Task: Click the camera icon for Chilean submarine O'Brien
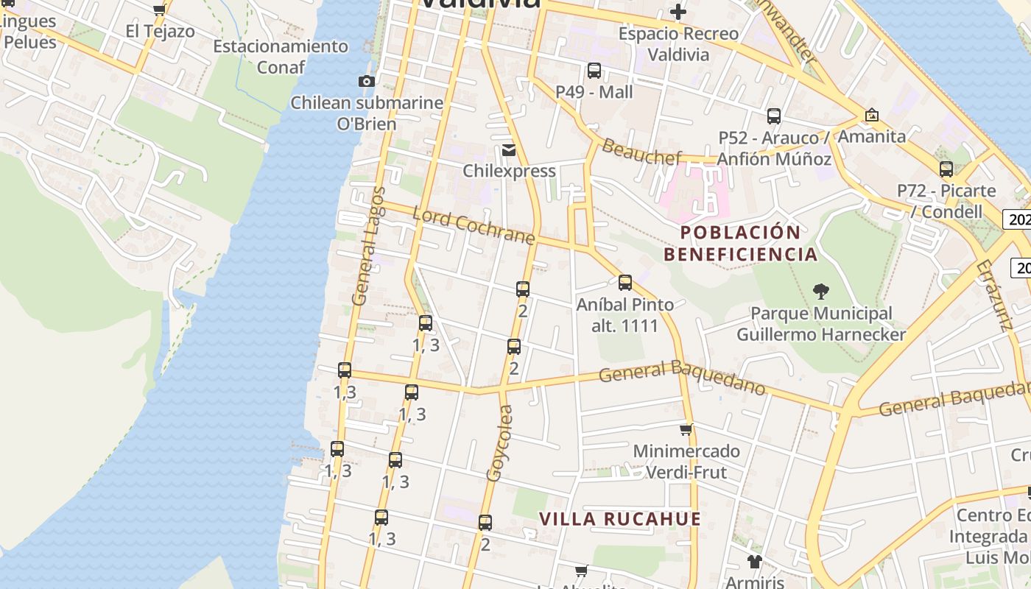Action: coord(366,81)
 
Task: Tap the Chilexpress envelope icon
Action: coord(508,150)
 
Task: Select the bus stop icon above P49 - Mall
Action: coord(594,71)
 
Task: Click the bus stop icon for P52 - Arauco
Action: coord(773,116)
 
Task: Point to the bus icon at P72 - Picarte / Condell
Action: coord(946,169)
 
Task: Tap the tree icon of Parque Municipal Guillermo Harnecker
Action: coord(820,292)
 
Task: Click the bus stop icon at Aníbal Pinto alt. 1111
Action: coord(625,283)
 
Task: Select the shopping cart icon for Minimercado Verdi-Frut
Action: coord(686,429)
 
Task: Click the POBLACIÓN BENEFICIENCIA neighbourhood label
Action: coord(740,244)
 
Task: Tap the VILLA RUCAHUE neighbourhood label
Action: coord(620,518)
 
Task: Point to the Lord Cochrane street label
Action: coord(473,226)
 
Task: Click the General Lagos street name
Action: coord(369,247)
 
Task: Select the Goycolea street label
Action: coord(499,444)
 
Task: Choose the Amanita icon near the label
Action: coord(872,116)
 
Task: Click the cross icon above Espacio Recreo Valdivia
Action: coord(678,12)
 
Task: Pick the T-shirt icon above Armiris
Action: coord(754,562)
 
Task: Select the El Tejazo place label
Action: coord(160,31)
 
